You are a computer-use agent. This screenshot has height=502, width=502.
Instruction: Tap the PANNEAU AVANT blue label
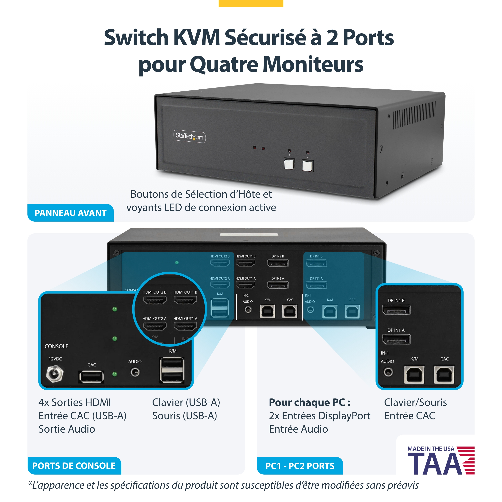pyautogui.click(x=71, y=213)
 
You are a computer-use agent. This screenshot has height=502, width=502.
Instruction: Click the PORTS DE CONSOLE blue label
pyautogui.click(x=74, y=466)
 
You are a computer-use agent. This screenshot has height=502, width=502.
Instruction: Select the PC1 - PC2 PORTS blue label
pyautogui.click(x=300, y=466)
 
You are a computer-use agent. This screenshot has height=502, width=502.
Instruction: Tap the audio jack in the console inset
pyautogui.click(x=135, y=372)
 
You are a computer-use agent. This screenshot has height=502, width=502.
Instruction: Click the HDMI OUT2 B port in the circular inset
pyautogui.click(x=155, y=300)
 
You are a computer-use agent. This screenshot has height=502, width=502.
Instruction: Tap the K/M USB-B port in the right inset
pyautogui.click(x=414, y=375)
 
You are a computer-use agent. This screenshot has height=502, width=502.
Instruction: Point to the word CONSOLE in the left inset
pyautogui.click(x=56, y=346)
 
